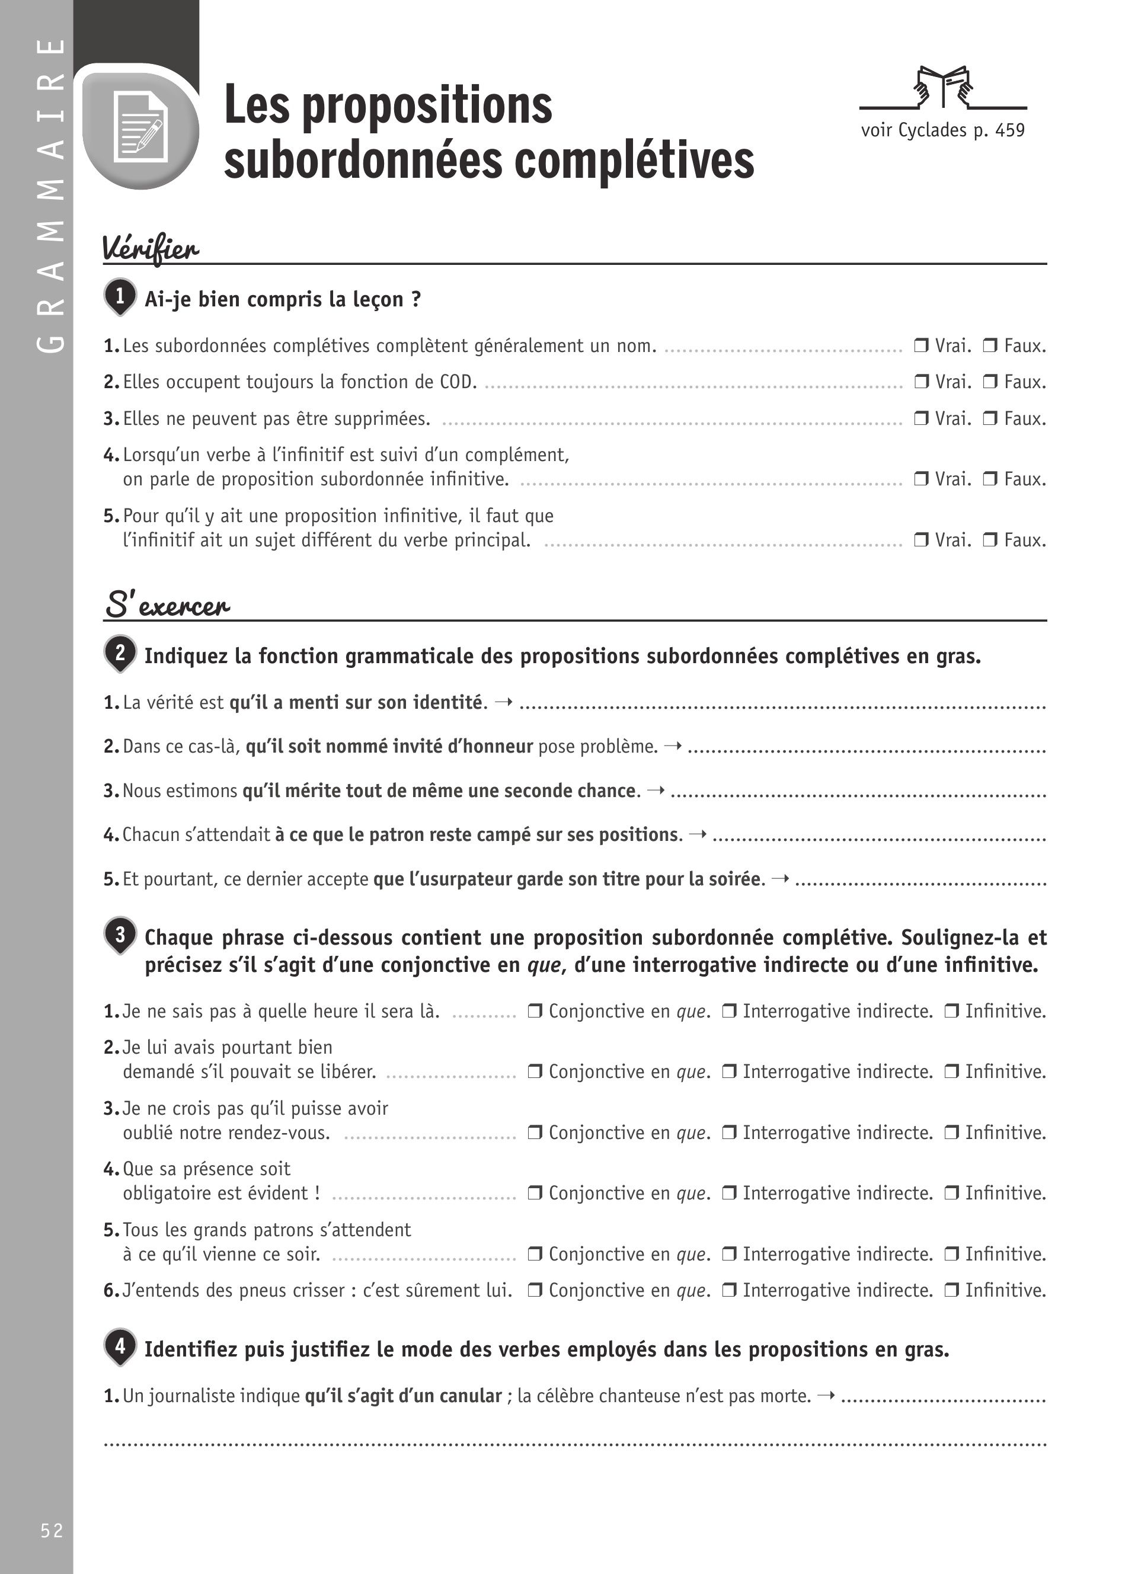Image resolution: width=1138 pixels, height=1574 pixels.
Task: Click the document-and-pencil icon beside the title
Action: click(142, 127)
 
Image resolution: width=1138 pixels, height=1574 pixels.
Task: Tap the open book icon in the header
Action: click(943, 87)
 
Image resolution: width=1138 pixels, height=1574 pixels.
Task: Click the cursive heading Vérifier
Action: click(151, 248)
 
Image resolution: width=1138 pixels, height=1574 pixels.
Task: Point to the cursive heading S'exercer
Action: click(167, 605)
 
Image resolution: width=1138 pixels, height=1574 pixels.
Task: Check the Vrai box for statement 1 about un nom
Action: click(921, 345)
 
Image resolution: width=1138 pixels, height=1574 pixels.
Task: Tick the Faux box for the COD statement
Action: click(989, 382)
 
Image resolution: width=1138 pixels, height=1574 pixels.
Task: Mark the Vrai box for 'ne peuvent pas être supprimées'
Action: click(921, 418)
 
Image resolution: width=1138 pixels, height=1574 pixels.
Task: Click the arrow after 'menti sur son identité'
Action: click(504, 702)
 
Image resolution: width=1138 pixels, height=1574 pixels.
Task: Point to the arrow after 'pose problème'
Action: click(672, 747)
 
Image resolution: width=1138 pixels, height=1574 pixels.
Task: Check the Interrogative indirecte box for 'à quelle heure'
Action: click(728, 1011)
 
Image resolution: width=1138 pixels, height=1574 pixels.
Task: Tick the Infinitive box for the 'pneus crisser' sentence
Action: click(951, 1290)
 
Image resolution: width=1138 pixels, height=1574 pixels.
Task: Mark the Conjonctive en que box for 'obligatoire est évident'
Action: click(534, 1193)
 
